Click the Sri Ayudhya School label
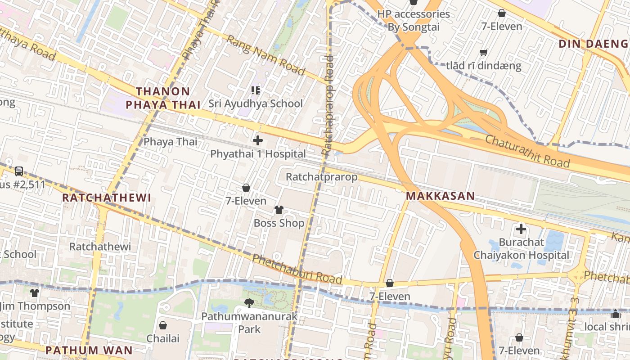(256, 103)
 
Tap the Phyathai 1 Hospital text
(258, 154)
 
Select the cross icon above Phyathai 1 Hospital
(258, 140)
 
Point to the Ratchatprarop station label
(322, 177)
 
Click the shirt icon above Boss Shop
(279, 210)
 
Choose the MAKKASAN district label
(440, 196)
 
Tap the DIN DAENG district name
(593, 44)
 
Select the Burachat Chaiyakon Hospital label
(521, 248)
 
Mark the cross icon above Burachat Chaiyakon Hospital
(521, 229)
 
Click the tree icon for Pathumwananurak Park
(249, 303)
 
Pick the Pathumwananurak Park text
(249, 323)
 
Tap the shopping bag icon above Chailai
(163, 325)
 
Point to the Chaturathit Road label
(527, 151)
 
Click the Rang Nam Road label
(265, 55)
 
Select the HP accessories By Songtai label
(414, 20)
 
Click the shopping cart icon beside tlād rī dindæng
(484, 53)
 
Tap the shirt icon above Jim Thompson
(35, 293)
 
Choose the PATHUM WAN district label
(89, 350)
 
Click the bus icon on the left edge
(19, 171)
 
